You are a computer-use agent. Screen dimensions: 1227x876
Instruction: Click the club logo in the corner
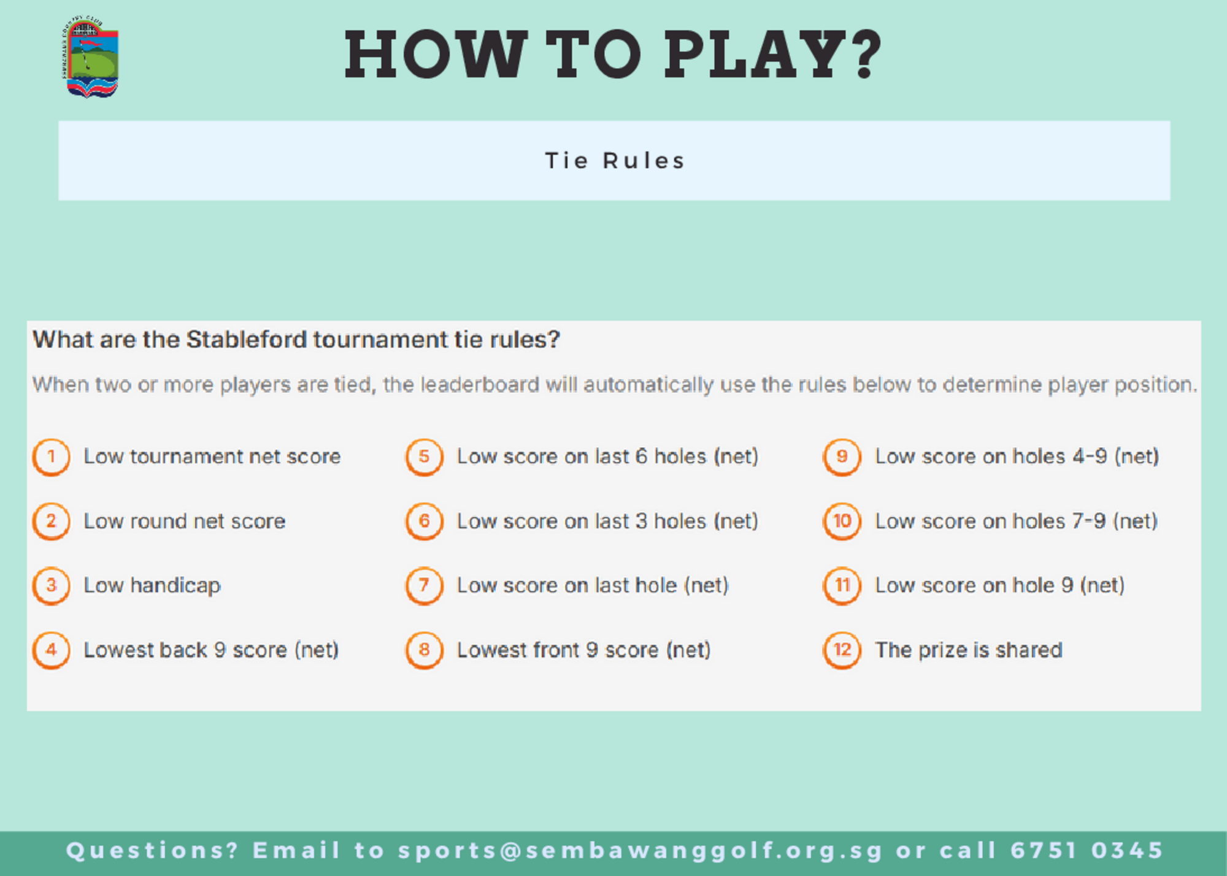[x=90, y=56]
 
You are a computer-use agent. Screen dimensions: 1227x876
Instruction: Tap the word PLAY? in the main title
[x=773, y=55]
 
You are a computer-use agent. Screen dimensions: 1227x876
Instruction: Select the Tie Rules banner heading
[x=615, y=161]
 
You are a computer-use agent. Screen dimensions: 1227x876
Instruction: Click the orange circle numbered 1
[x=51, y=457]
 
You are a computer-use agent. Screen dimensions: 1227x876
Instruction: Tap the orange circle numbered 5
[x=424, y=457]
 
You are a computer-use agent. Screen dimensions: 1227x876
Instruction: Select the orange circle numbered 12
[x=842, y=650]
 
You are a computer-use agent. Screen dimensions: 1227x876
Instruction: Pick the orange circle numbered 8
[x=424, y=650]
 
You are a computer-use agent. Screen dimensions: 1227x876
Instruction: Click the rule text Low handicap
[x=152, y=586]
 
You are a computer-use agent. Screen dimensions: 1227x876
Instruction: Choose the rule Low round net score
[x=185, y=521]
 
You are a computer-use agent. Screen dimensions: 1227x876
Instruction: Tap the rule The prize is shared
[x=969, y=650]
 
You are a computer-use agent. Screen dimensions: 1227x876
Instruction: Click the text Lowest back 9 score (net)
[x=211, y=650]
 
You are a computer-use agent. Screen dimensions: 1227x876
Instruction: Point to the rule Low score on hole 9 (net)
[x=1000, y=586]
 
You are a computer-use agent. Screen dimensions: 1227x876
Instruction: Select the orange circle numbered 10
[x=842, y=521]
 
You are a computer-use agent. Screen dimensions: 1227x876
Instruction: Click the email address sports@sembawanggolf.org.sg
[x=640, y=851]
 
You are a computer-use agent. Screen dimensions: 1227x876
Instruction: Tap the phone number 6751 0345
[x=1087, y=850]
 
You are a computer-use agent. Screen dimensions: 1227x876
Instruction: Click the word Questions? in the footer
[x=152, y=851]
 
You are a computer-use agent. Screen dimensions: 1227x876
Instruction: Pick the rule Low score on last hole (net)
[x=593, y=586]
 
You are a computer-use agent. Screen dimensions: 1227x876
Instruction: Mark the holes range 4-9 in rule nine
[x=1090, y=456]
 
